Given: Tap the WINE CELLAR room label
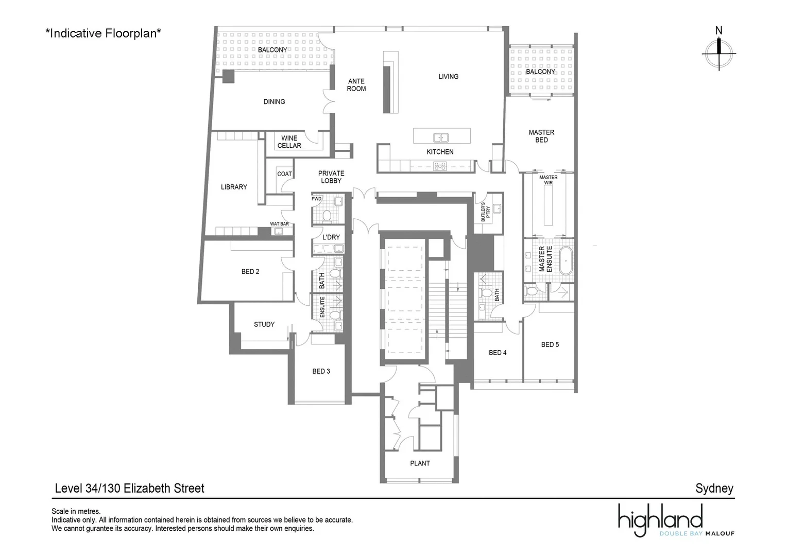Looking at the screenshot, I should pyautogui.click(x=289, y=142).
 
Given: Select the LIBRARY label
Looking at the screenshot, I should pyautogui.click(x=234, y=187).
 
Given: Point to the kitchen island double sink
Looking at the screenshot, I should pyautogui.click(x=440, y=137).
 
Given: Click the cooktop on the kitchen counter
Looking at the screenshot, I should pyautogui.click(x=440, y=165).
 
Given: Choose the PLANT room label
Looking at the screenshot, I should pyautogui.click(x=420, y=463).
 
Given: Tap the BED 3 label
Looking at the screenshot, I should pyautogui.click(x=321, y=371).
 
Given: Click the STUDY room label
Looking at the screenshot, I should pyautogui.click(x=264, y=324).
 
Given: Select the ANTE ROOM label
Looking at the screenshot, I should pyautogui.click(x=356, y=85).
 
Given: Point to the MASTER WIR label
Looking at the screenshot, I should pyautogui.click(x=549, y=180).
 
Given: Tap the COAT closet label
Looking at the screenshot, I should pyautogui.click(x=284, y=174).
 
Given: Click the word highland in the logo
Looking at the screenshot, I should pyautogui.click(x=660, y=517).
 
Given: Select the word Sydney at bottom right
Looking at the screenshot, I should pyautogui.click(x=714, y=488).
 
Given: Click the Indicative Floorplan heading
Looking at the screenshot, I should pyautogui.click(x=104, y=33).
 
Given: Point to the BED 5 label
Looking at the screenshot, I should pyautogui.click(x=550, y=344).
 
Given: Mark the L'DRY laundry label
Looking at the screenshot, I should pyautogui.click(x=331, y=237).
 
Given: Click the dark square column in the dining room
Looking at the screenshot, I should pyautogui.click(x=228, y=76).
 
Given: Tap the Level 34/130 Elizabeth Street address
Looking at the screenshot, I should pyautogui.click(x=129, y=488).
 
